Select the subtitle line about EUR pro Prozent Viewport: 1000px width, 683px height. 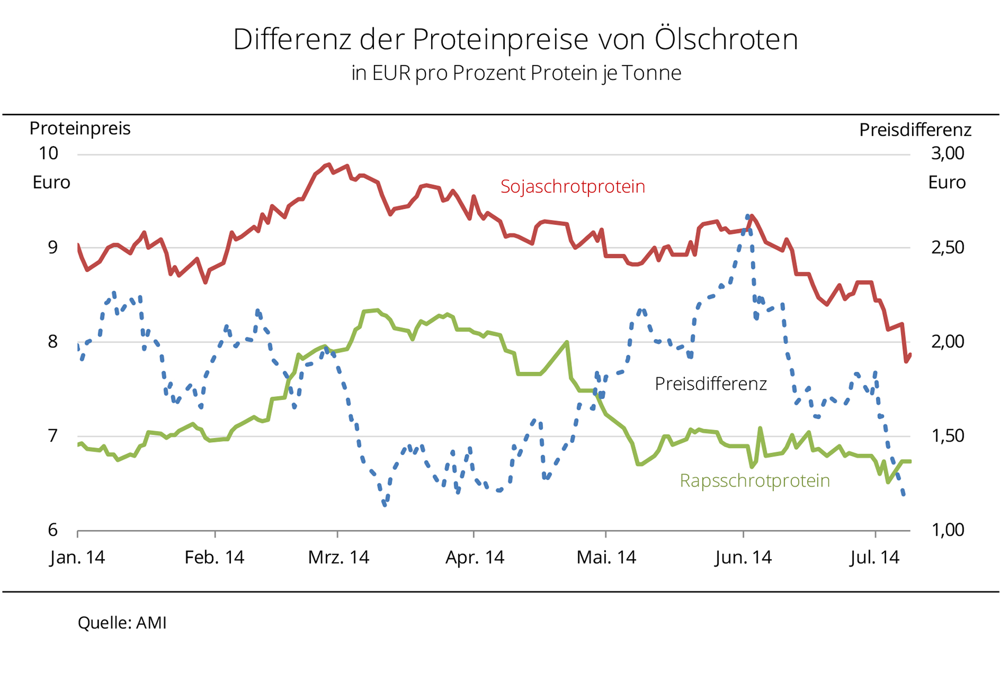[516, 73]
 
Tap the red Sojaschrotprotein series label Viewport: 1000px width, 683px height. [573, 186]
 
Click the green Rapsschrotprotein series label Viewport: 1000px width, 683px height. [754, 481]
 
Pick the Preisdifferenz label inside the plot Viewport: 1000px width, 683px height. [710, 384]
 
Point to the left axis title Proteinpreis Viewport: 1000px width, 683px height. [80, 128]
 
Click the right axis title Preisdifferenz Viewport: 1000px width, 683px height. [915, 130]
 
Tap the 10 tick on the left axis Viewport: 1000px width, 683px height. [48, 153]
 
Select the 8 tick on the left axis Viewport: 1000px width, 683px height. [53, 341]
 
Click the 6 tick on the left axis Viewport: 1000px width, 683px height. [53, 530]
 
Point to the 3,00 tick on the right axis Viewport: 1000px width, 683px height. [947, 153]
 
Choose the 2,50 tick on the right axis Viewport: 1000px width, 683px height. [947, 247]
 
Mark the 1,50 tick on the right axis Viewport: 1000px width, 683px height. [947, 436]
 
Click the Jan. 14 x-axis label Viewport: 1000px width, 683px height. [77, 557]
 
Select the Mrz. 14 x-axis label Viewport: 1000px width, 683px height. [338, 557]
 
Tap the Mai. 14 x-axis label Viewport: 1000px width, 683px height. [606, 557]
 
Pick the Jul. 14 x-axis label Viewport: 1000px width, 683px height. [874, 557]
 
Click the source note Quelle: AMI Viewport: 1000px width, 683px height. [122, 623]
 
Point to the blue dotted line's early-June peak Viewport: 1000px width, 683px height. [748, 216]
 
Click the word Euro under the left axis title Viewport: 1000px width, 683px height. [51, 182]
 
